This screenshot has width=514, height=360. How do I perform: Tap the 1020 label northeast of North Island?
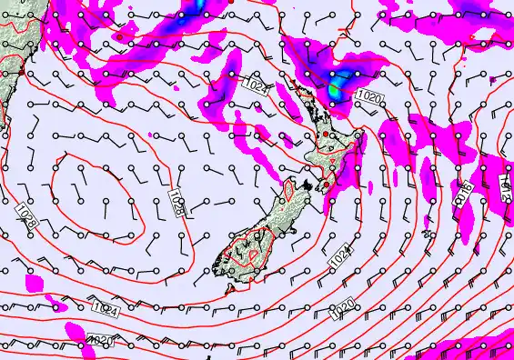tap(368, 96)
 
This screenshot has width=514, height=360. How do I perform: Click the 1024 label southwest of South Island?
tap(105, 310)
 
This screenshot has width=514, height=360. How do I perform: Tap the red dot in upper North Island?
tap(325, 134)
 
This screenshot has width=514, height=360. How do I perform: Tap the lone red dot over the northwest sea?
tap(118, 37)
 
